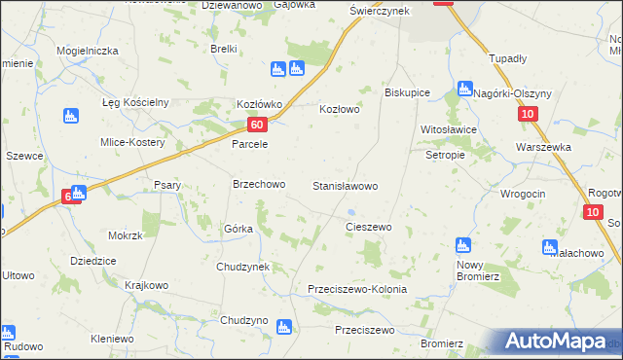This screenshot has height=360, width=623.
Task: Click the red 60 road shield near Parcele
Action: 257,126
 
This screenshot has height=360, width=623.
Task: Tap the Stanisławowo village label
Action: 344,185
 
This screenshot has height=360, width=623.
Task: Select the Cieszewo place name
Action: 369,227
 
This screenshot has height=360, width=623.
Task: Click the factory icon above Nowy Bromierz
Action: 463,245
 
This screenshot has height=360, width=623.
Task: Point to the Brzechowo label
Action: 258,183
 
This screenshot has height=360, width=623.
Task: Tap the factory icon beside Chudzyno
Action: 284,327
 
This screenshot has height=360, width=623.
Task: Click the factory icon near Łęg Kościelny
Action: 69,117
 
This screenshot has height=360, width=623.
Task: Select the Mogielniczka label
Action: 88,50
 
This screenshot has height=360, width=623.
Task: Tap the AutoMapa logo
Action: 555,342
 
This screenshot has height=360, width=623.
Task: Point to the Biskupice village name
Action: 408,93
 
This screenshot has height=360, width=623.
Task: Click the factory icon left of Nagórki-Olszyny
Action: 463,92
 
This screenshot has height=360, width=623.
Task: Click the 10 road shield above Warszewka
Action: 527,115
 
